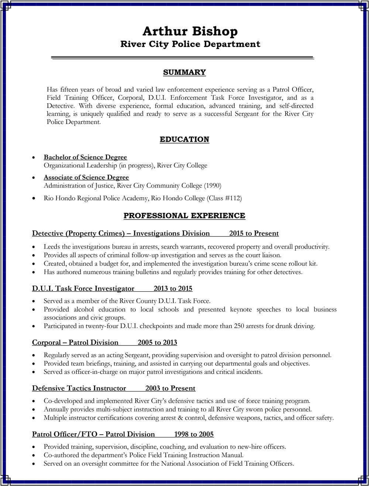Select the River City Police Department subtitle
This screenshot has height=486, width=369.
pyautogui.click(x=190, y=44)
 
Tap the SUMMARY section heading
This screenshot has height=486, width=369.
pyautogui.click(x=184, y=72)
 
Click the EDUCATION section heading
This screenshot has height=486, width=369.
pyautogui.click(x=184, y=139)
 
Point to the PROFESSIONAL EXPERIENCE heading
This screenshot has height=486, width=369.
pyautogui.click(x=184, y=216)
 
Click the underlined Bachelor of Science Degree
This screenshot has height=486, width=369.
pyautogui.click(x=85, y=157)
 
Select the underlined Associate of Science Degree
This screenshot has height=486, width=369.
pyautogui.click(x=86, y=178)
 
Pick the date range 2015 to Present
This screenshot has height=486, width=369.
pyautogui.click(x=254, y=233)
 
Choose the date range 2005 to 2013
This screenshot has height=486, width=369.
pyautogui.click(x=157, y=343)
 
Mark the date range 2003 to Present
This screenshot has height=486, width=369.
pyautogui.click(x=170, y=388)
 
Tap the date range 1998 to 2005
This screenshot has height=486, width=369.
pyautogui.click(x=194, y=434)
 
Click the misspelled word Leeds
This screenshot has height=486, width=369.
pyautogui.click(x=51, y=247)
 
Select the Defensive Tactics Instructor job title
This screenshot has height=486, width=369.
pyautogui.click(x=79, y=388)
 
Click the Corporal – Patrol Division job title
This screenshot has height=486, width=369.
pyautogui.click(x=75, y=343)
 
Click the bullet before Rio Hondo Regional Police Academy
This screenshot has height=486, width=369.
pyautogui.click(x=34, y=198)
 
